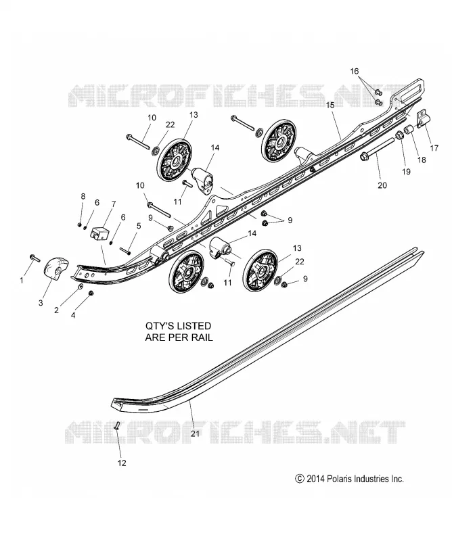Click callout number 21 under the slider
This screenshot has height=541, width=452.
(x=196, y=433)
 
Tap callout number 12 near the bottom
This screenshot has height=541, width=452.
(x=122, y=463)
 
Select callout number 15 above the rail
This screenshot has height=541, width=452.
(x=330, y=105)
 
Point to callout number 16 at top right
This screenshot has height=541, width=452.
(x=355, y=71)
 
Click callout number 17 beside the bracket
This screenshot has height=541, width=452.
(x=434, y=147)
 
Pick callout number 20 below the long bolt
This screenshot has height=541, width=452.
(x=382, y=185)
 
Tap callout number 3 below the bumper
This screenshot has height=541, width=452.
(x=41, y=303)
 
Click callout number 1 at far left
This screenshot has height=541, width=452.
(x=22, y=281)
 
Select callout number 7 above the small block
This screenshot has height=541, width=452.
(x=114, y=204)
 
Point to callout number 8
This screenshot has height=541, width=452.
(x=83, y=196)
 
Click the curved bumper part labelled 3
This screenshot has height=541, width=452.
(x=56, y=268)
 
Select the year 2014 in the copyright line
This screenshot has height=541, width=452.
(x=315, y=479)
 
